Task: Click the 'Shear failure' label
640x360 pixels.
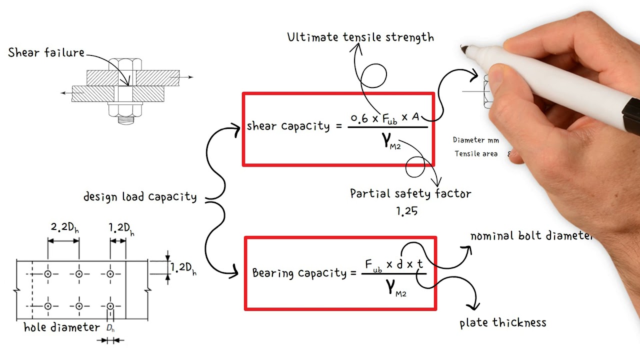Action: pos(46,53)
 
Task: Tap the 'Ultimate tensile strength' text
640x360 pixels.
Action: pos(360,37)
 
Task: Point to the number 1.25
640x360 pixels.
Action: pos(407,211)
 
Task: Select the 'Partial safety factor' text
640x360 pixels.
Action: pos(410,193)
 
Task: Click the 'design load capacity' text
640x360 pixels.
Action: pos(140,197)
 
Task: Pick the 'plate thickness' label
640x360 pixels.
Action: pos(503,323)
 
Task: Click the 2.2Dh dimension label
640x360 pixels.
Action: pos(64,228)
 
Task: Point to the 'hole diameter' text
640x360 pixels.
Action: pos(62,327)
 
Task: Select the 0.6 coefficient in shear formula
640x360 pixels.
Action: pos(359,118)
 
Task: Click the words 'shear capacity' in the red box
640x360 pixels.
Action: pos(288,126)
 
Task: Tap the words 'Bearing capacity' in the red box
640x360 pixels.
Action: pos(299,273)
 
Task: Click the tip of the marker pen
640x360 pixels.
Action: pos(463,49)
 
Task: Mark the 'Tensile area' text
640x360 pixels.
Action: pos(476,154)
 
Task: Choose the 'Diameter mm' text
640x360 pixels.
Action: pos(476,140)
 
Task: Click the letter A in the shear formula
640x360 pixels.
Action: pos(415,117)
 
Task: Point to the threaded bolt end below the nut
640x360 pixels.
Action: pos(125,120)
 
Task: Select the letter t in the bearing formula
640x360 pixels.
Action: pos(419,264)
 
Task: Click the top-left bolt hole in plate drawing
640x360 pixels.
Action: pos(48,274)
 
